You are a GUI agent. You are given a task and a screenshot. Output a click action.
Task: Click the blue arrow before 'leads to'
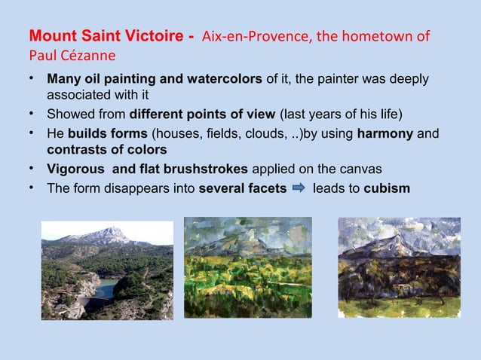coord(298,188)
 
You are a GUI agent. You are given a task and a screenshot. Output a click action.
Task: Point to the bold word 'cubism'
coord(387,188)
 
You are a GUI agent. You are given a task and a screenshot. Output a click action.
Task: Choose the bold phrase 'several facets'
coord(241,188)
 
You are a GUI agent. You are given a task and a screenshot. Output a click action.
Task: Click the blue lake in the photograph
coord(106,287)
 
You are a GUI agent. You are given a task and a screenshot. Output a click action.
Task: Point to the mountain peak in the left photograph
coord(113,230)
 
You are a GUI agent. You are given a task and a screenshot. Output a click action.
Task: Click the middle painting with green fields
coord(247,267)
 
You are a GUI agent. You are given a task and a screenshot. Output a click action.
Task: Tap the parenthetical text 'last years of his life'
coord(342,115)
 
